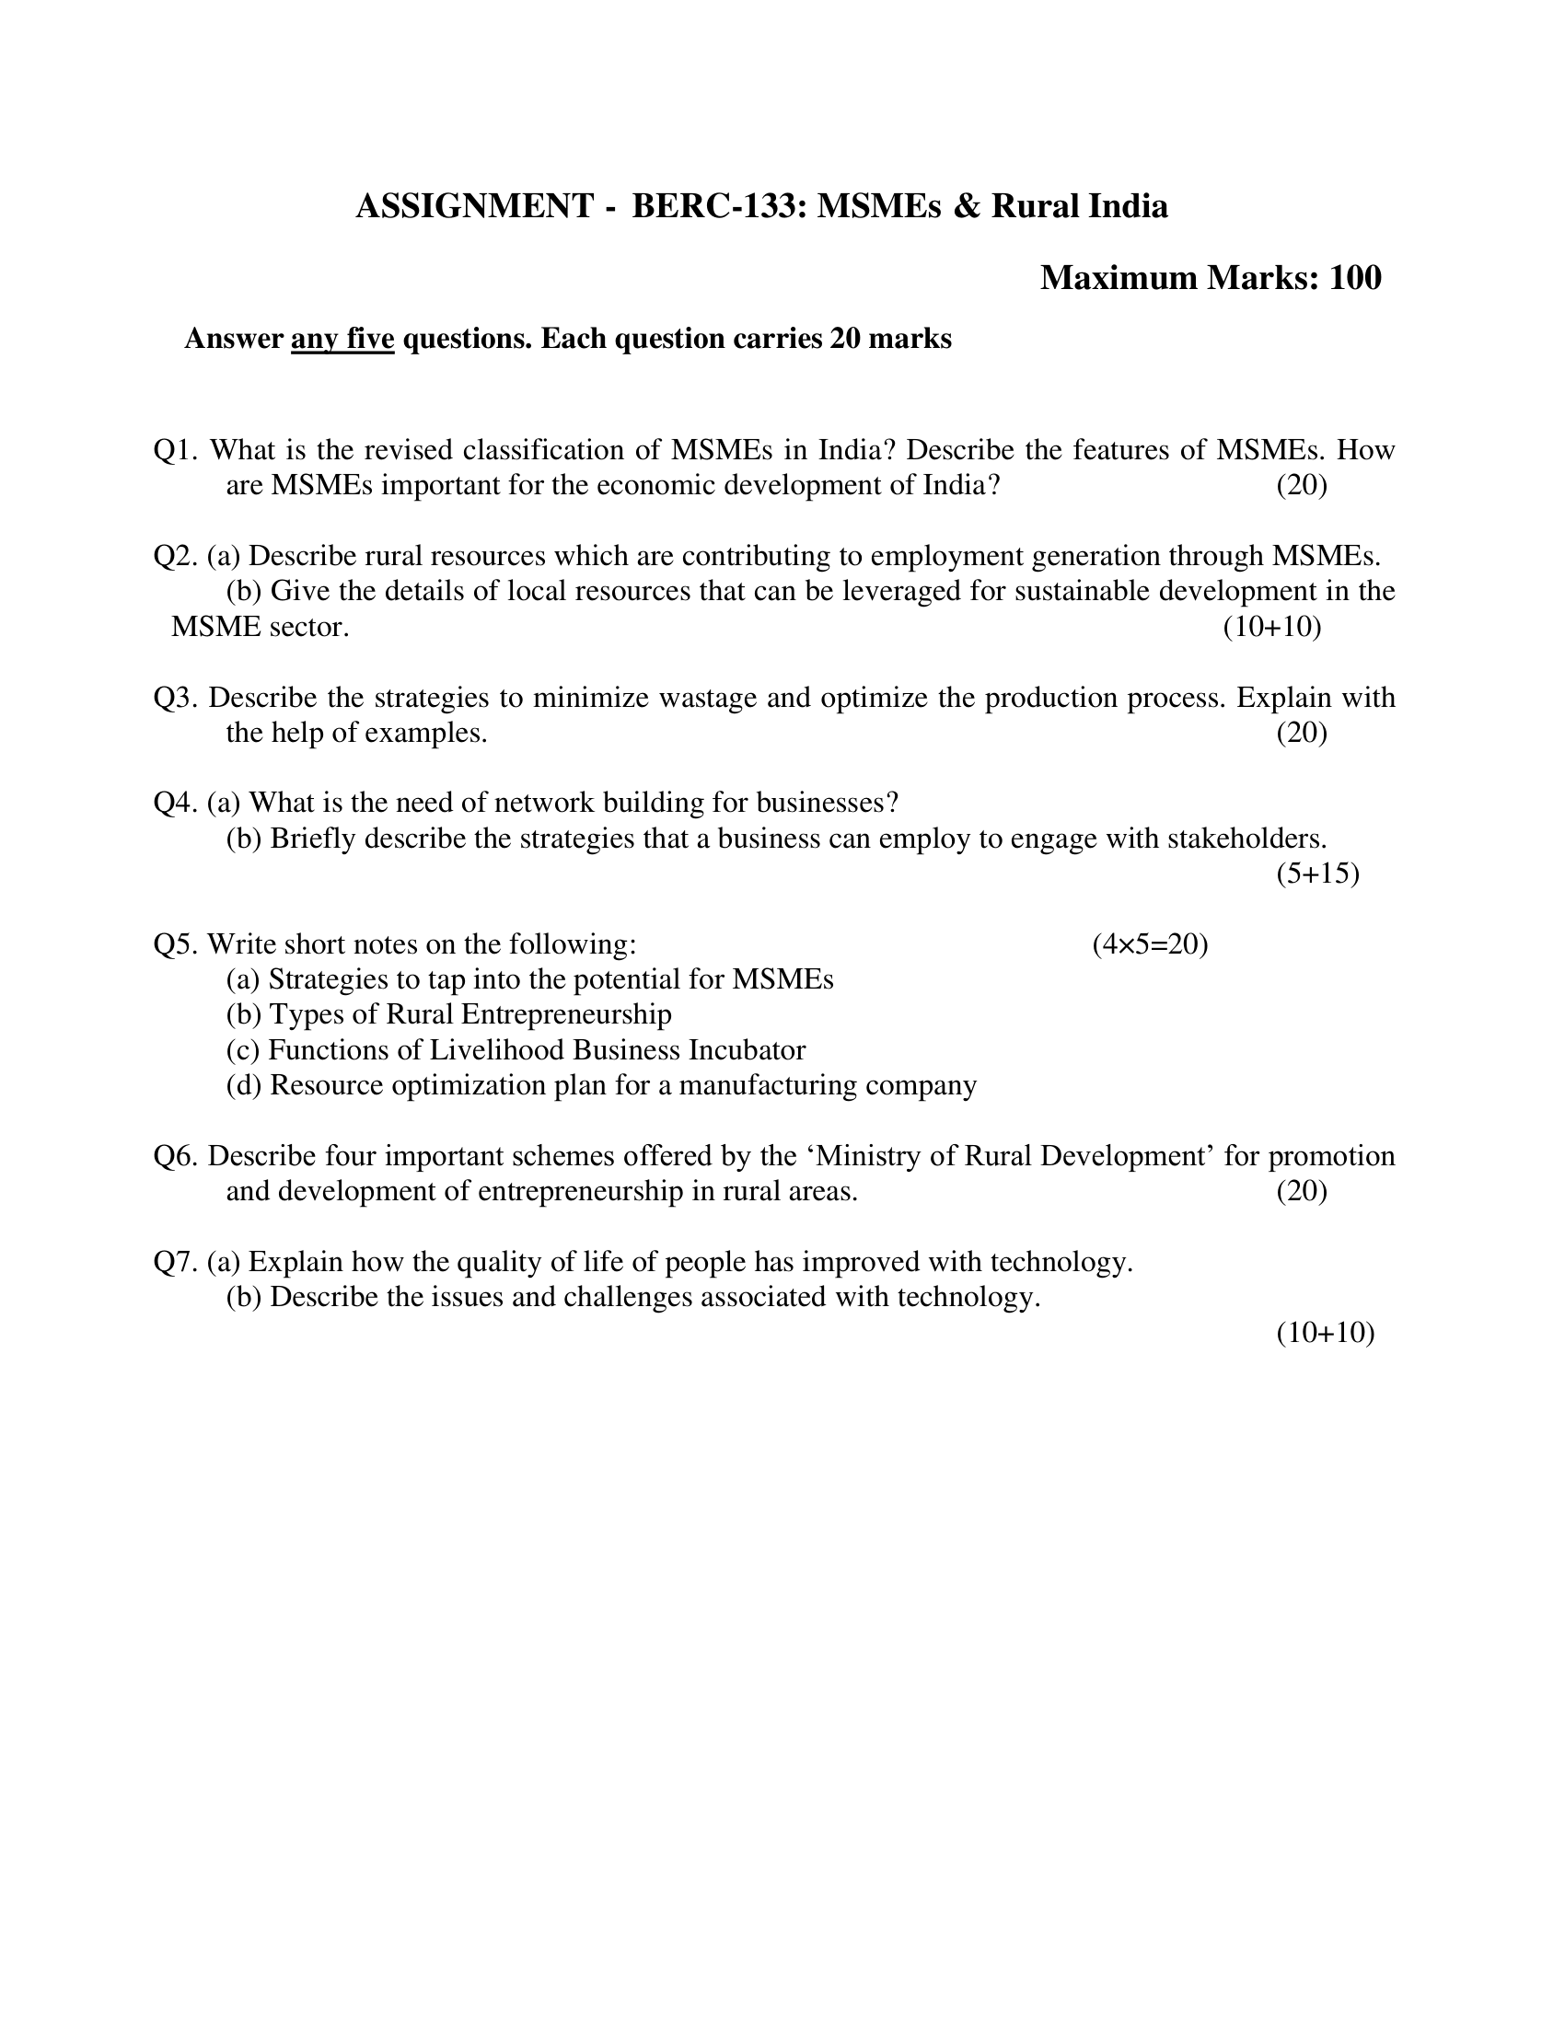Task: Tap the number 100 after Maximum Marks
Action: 1354,278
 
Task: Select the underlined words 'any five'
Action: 342,340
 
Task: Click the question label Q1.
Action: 174,451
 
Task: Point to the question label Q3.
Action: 174,699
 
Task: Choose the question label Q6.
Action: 174,1156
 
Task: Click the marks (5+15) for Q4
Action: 1316,874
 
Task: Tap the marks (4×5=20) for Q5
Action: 1150,944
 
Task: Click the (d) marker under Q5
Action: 244,1086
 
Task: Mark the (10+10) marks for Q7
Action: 1324,1334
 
